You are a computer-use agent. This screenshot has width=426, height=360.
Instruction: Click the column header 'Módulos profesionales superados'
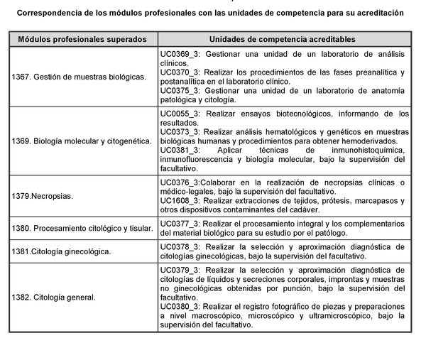82,39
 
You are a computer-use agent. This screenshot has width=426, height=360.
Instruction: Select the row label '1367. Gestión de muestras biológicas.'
79,77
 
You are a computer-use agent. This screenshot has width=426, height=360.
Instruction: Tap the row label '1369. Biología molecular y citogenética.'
82,141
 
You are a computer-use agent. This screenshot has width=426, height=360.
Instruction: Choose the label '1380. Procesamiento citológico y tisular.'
82,228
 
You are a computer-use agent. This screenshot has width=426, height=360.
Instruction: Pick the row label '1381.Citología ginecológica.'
62,251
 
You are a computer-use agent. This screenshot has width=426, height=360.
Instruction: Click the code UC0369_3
180,54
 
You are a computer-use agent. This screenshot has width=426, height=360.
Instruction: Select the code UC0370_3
180,72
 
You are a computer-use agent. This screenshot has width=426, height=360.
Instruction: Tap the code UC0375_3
180,91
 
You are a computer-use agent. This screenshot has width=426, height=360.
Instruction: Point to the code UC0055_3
180,114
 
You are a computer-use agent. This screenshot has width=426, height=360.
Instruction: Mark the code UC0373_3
180,132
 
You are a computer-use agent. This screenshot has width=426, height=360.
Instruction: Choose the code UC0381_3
180,151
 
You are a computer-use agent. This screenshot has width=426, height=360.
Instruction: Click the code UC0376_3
180,182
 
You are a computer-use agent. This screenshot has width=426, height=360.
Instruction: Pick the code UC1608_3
180,201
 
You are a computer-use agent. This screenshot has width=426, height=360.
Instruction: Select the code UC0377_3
180,223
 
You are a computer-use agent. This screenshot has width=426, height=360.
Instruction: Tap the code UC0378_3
180,246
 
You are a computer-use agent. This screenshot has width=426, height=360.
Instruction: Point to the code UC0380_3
180,306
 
